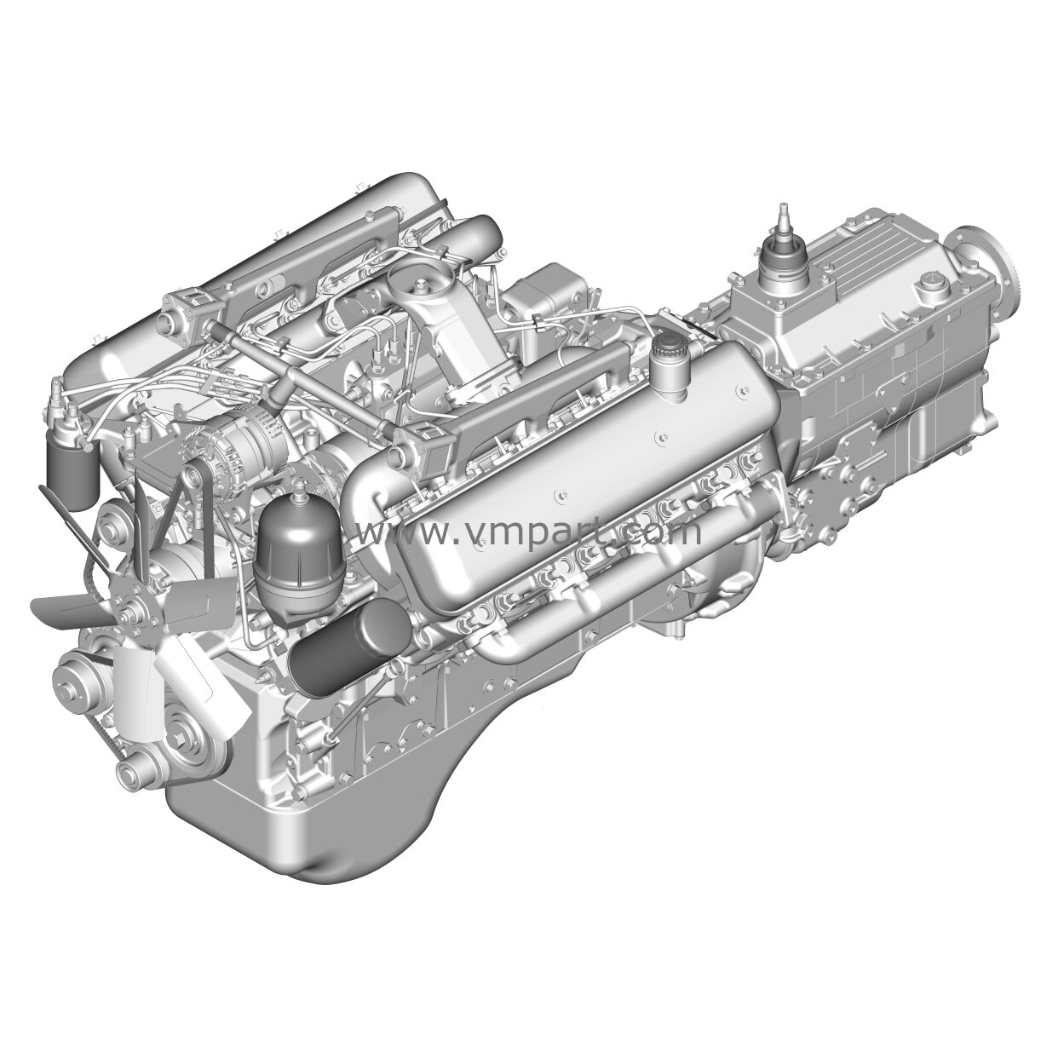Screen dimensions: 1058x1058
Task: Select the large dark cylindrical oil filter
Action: pyautogui.click(x=350, y=647)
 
